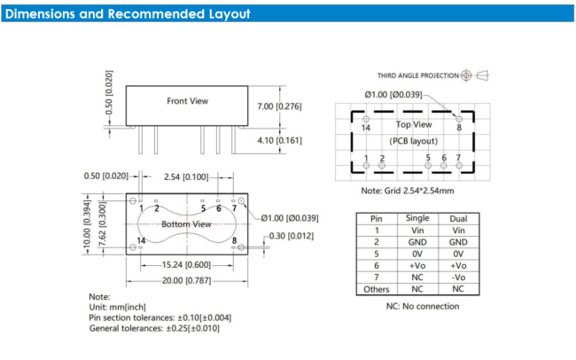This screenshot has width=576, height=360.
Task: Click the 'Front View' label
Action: tap(187, 101)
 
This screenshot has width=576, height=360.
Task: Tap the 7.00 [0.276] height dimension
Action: tap(279, 106)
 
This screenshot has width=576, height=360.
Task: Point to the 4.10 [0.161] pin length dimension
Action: tap(279, 140)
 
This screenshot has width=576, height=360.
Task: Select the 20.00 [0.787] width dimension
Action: tap(187, 280)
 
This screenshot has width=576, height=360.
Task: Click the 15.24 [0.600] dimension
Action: tap(187, 265)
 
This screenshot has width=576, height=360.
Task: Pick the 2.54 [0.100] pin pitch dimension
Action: tap(186, 177)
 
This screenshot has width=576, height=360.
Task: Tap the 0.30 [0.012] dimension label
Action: tap(292, 236)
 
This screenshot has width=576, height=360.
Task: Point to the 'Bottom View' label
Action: tap(186, 224)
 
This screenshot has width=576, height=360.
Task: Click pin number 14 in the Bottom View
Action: tap(141, 240)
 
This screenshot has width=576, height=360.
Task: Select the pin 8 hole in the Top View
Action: tap(459, 119)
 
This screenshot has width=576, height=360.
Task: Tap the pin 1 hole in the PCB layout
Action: tap(366, 166)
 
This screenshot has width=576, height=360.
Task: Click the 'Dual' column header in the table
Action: tap(458, 219)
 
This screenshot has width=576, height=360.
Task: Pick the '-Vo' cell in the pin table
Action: tap(458, 278)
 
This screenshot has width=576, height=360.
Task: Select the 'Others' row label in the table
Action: tap(376, 289)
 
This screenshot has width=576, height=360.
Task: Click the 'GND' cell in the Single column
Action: tap(417, 242)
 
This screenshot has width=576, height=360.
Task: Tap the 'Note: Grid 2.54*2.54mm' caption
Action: tap(408, 191)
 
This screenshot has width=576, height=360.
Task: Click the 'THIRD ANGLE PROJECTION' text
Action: tap(418, 75)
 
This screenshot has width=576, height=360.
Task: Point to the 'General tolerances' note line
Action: tap(154, 328)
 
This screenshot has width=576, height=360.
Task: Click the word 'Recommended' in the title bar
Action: tap(156, 14)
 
